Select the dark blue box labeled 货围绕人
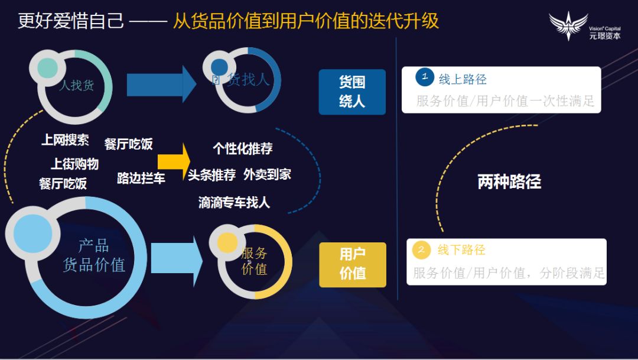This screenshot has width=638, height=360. pos(352,92)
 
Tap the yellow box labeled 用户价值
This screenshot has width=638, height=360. pos(353,264)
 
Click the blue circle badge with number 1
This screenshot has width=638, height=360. pos(425,77)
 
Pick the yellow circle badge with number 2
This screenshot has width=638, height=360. pos(421,249)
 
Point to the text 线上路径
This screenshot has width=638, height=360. pos(463,79)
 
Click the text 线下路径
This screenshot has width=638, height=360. pos(461,250)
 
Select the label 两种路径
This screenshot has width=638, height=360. pos(509,181)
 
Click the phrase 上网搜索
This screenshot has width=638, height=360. pos(65,140)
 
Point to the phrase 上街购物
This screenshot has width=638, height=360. pos(74,164)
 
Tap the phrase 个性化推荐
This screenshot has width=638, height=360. pos(243,148)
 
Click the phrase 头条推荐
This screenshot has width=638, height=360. pos(212,175)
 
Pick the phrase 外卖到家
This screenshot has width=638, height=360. pos(267,174)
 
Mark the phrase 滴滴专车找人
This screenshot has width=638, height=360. pos(234,203)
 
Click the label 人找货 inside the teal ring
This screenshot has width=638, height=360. pos(76,85)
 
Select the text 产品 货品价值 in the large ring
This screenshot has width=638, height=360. pos(94,255)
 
